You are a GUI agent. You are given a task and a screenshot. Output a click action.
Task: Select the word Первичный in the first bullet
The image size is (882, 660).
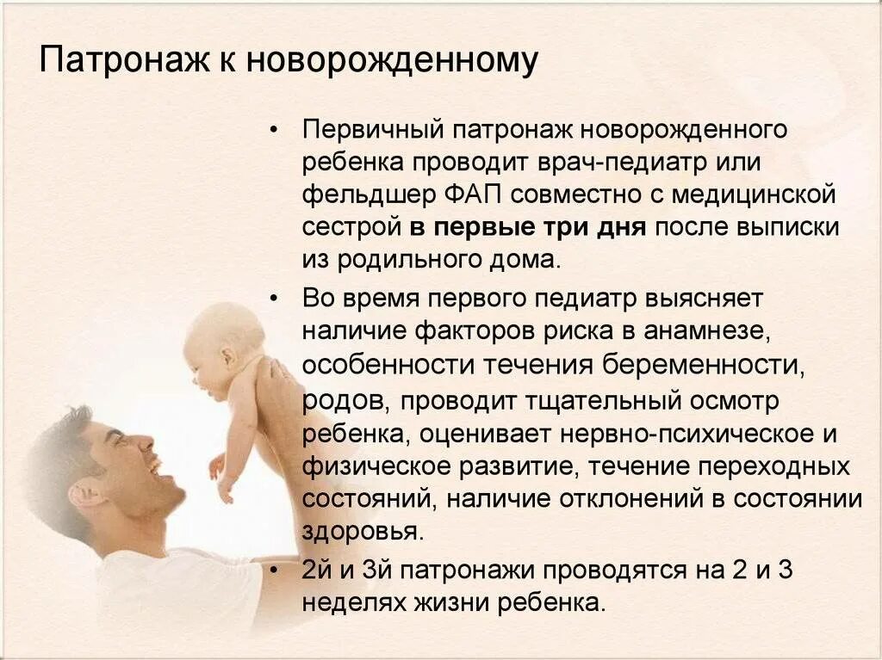370,130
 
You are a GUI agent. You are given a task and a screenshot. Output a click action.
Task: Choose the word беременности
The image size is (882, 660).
705,364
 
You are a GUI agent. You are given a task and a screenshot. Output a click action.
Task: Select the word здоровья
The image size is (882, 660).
362,531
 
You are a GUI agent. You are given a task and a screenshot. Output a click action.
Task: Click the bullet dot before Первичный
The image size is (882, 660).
273,132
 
